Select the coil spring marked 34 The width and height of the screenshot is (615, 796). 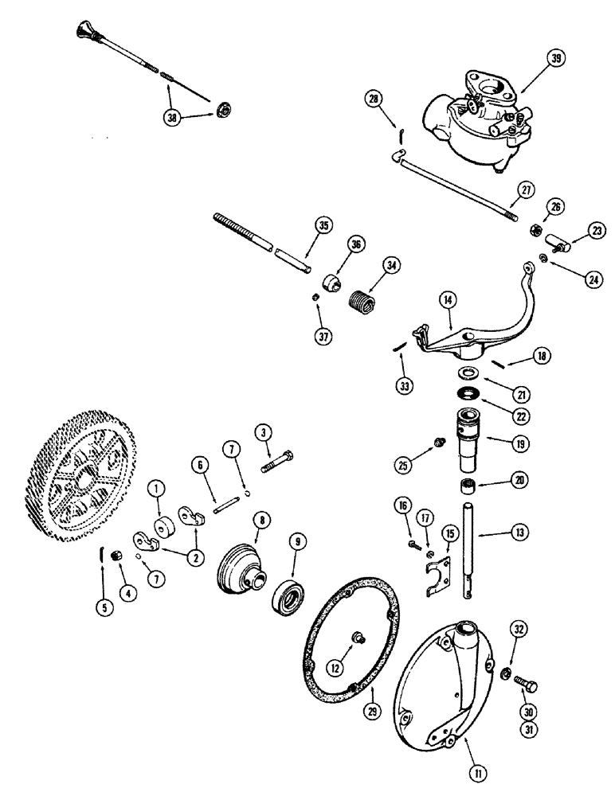pos(362,302)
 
